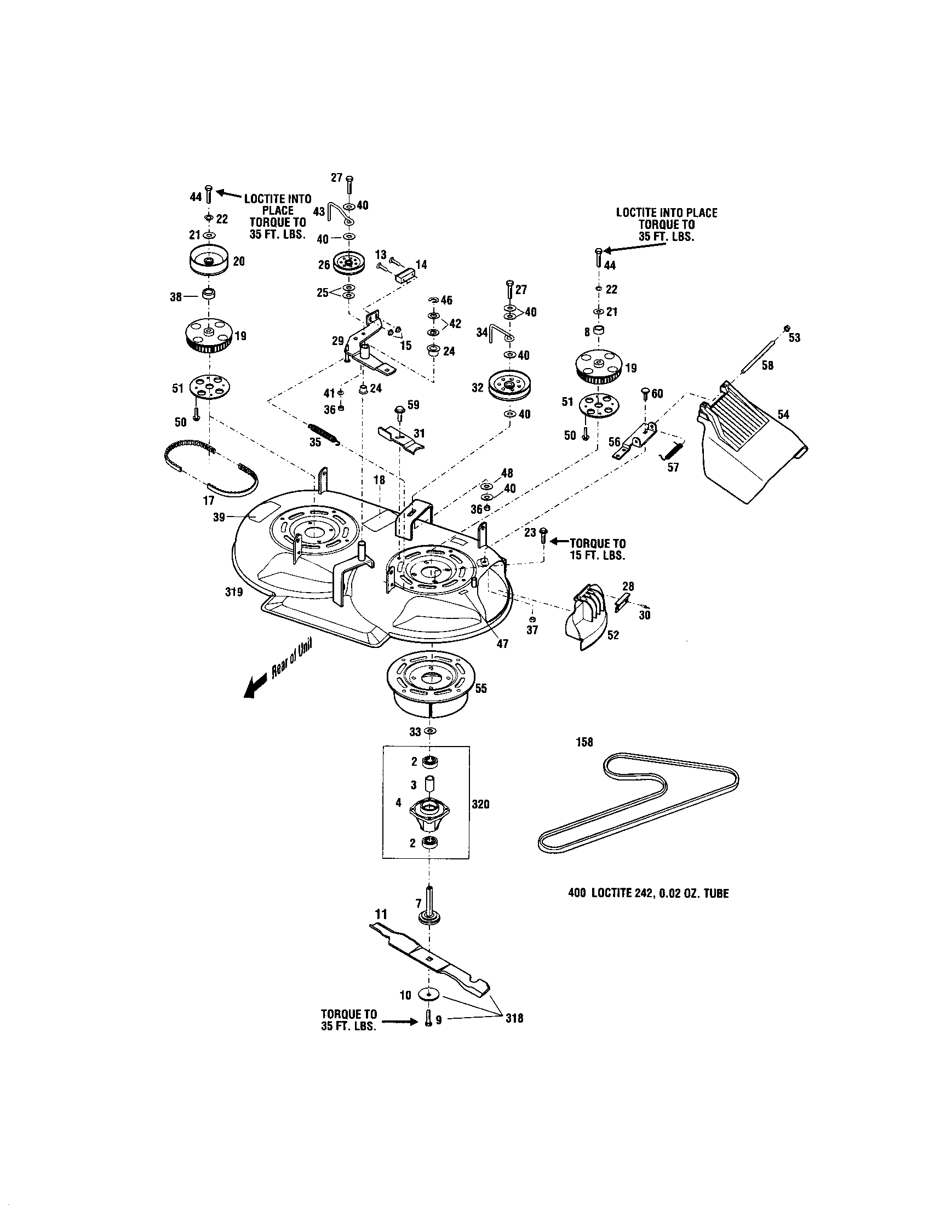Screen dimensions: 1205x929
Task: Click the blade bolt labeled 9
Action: point(428,1020)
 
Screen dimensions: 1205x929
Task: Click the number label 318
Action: point(514,1018)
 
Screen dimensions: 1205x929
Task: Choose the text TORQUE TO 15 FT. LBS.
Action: point(597,549)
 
